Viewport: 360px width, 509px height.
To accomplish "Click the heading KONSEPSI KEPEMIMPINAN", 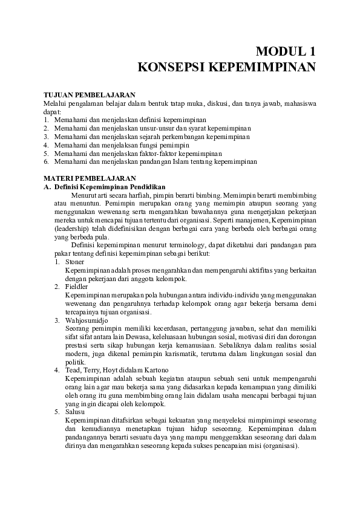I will [x=227, y=66].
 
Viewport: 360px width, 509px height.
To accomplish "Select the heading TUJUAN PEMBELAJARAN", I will [x=89, y=95].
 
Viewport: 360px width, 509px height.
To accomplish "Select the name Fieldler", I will [x=77, y=286].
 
